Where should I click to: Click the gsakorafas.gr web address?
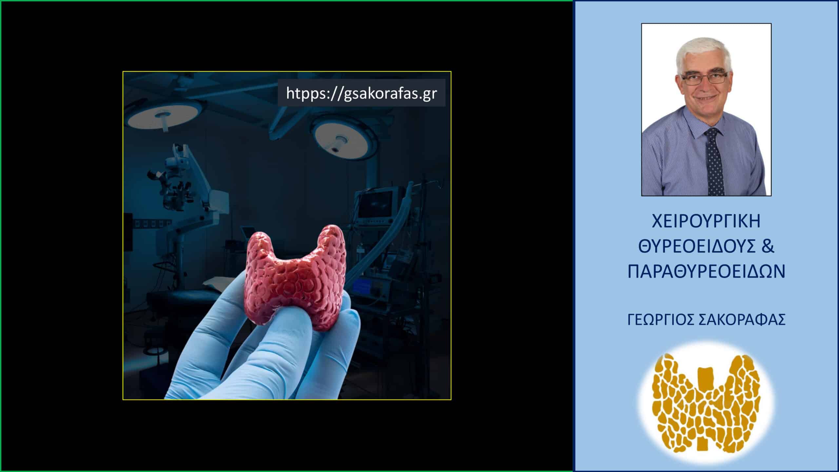click(361, 93)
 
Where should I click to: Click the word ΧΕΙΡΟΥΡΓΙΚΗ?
click(706, 222)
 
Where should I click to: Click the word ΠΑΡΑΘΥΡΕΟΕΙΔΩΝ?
click(706, 272)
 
